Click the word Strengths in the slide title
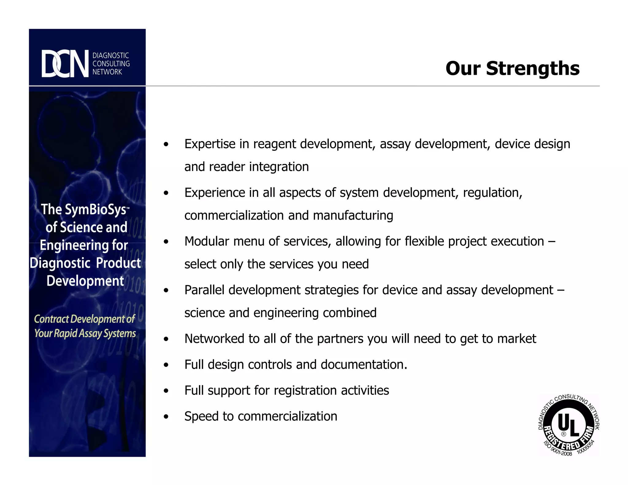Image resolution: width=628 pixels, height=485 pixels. pyautogui.click(x=533, y=68)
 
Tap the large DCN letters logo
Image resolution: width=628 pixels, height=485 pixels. pyautogui.click(x=65, y=64)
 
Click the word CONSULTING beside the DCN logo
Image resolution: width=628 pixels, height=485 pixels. pyautogui.click(x=111, y=64)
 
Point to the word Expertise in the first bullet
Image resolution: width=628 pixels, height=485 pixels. pyautogui.click(x=210, y=144)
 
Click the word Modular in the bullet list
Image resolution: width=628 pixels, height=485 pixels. pyautogui.click(x=207, y=242)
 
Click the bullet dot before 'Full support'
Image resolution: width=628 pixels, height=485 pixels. pyautogui.click(x=166, y=391)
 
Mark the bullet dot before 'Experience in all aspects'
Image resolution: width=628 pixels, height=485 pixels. pyautogui.click(x=166, y=193)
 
